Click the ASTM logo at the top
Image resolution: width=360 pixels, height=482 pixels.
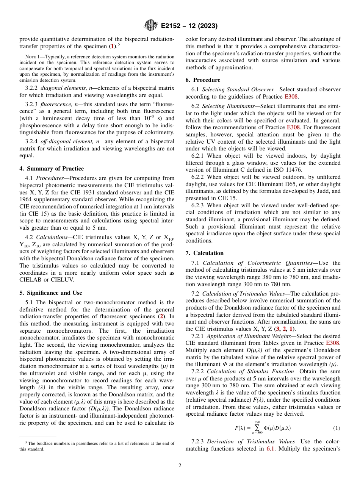[x=150, y=26]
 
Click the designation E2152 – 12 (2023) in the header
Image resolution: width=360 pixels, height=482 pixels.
[x=189, y=26]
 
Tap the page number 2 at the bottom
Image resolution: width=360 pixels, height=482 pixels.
[x=180, y=466]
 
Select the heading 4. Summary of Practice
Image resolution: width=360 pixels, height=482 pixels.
[x=52, y=169]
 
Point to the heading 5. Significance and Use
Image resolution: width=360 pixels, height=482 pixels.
[x=50, y=293]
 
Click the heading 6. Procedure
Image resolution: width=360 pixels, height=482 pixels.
[x=203, y=80]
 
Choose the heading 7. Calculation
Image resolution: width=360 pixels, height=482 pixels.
[x=205, y=253]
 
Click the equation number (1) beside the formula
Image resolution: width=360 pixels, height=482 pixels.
[x=337, y=428]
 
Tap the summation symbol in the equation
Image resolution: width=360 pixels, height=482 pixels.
[x=257, y=428]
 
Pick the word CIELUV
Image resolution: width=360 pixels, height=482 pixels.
[x=61, y=280]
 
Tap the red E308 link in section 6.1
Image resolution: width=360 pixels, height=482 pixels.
[x=291, y=97]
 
